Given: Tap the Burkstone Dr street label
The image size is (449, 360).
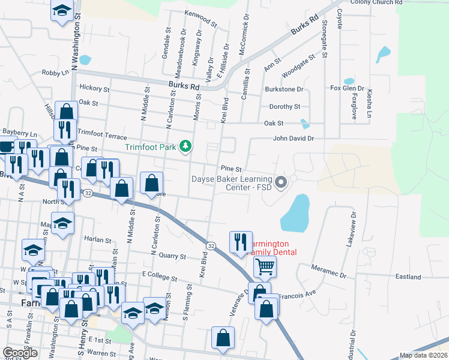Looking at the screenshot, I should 285,89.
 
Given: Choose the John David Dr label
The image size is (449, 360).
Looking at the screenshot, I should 294,139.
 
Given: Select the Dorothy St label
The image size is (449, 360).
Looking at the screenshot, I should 284,107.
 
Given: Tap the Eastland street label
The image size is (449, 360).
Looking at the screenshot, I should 408,277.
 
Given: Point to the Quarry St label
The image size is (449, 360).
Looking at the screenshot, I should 173,256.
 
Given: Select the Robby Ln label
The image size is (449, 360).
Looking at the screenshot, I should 55,73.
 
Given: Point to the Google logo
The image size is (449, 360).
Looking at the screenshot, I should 20,353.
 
